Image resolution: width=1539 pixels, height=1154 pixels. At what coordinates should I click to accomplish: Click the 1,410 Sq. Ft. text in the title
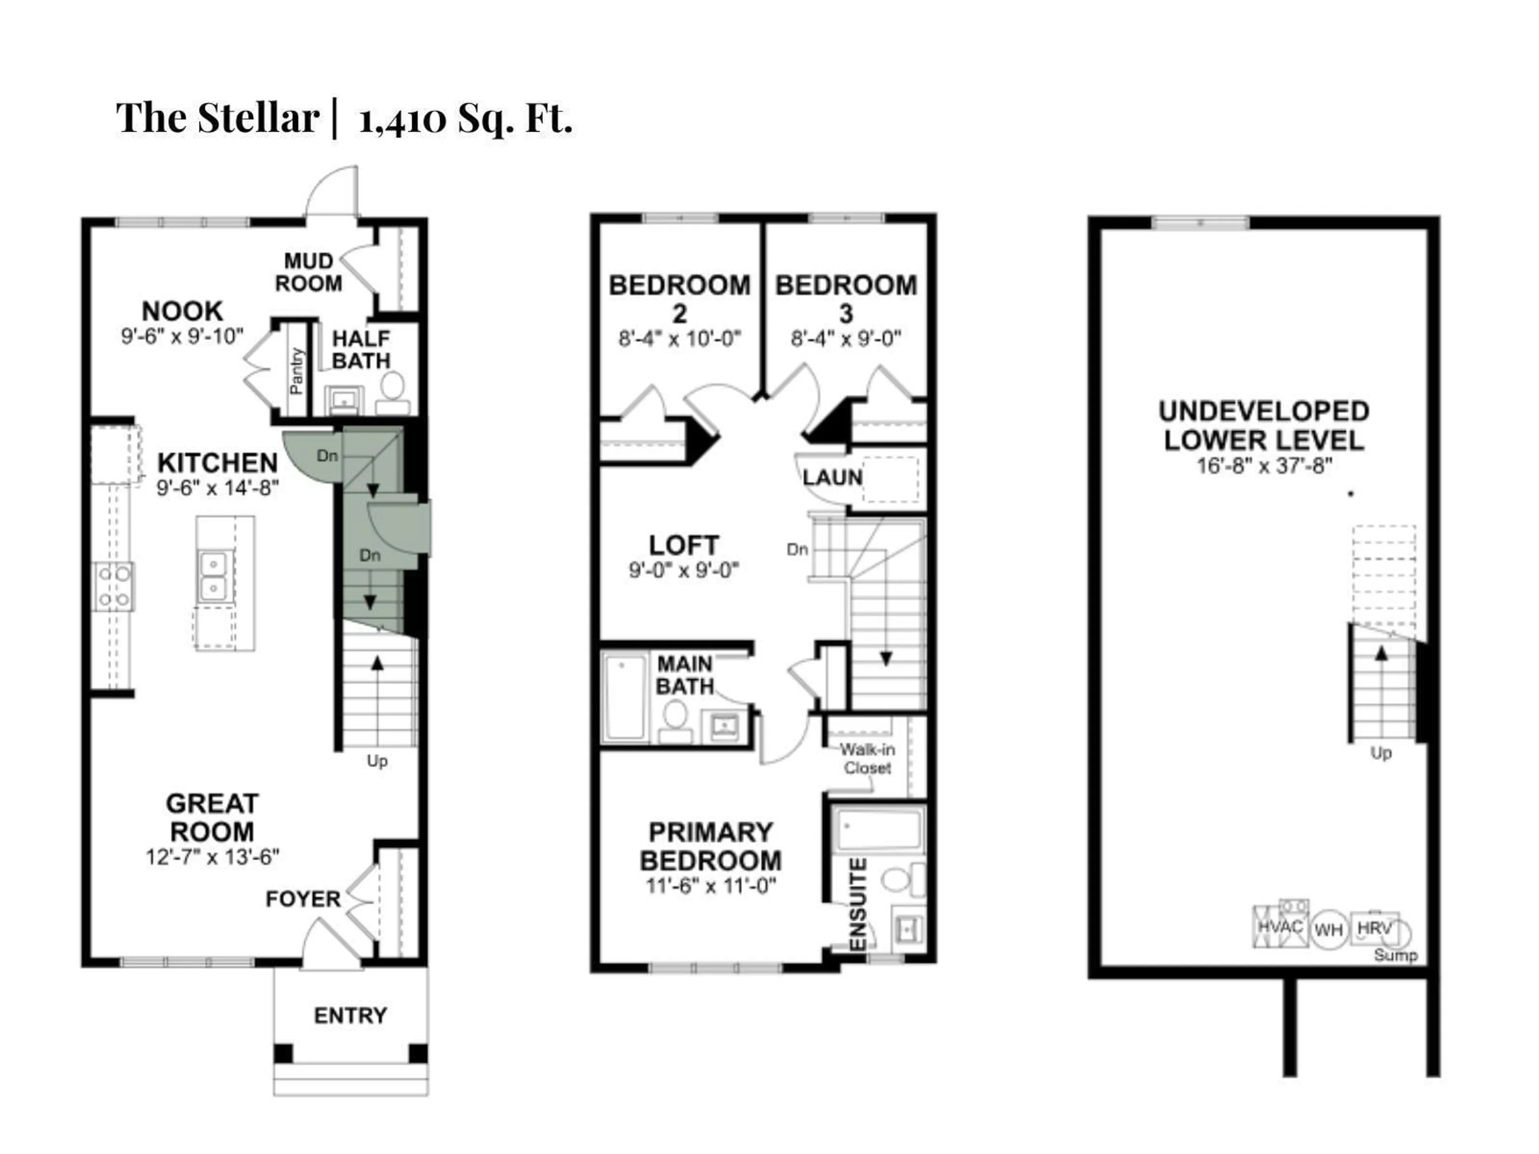465,118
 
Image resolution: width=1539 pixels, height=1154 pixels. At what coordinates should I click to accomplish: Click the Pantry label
297,371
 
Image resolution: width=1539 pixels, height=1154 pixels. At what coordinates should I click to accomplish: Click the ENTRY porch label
350,1016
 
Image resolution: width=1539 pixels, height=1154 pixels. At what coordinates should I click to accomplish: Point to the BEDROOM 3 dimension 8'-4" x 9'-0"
845,339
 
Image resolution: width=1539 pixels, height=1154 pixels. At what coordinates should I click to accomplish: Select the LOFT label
683,545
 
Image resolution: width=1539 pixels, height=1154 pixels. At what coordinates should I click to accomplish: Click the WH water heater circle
1328,930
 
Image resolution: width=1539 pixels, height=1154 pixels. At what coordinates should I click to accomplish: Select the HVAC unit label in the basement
1279,926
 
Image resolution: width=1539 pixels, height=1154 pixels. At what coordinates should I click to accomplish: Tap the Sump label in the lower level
1395,956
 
